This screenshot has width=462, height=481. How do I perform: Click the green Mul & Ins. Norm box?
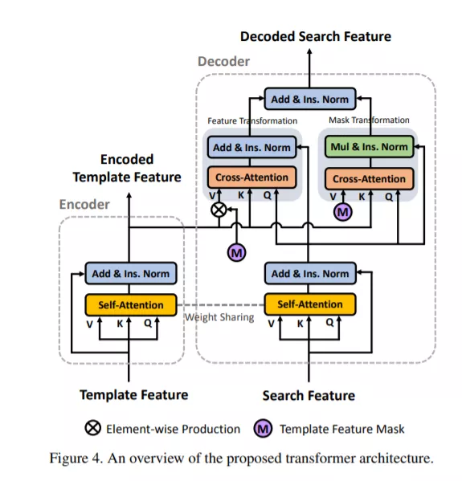(370, 147)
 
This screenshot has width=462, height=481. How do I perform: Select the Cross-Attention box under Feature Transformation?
(251, 177)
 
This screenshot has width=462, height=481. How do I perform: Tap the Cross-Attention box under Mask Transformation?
(370, 179)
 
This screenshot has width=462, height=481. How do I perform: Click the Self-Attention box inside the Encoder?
(131, 305)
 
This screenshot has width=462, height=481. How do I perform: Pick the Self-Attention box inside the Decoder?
(310, 304)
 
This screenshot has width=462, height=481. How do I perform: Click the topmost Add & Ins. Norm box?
(310, 99)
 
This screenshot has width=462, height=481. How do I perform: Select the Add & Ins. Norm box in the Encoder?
(131, 273)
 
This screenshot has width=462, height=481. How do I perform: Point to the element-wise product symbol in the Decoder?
(219, 210)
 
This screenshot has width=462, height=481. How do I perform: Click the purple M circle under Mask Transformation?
(343, 212)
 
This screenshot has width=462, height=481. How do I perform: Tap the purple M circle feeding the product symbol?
(237, 253)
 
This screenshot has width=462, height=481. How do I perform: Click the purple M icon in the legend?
(263, 428)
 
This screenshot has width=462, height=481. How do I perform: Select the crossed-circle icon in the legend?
(92, 428)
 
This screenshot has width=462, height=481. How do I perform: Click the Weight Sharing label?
(219, 317)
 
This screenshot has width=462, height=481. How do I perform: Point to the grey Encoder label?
(84, 204)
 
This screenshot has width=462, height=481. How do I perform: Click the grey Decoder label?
(224, 61)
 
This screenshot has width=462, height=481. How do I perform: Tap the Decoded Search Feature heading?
(316, 36)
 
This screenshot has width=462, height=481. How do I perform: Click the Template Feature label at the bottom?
(134, 395)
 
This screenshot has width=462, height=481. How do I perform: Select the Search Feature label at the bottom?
(309, 396)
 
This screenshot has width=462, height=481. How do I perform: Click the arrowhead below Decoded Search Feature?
(309, 52)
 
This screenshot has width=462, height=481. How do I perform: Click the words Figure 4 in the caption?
(76, 459)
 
